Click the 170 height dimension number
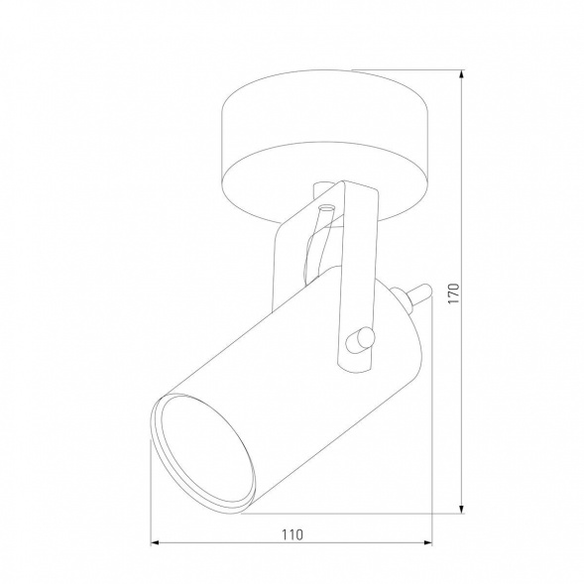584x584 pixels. [454, 294]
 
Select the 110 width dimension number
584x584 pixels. [291, 533]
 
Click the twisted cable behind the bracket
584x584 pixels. [318, 243]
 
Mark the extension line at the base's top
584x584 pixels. [407, 70]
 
